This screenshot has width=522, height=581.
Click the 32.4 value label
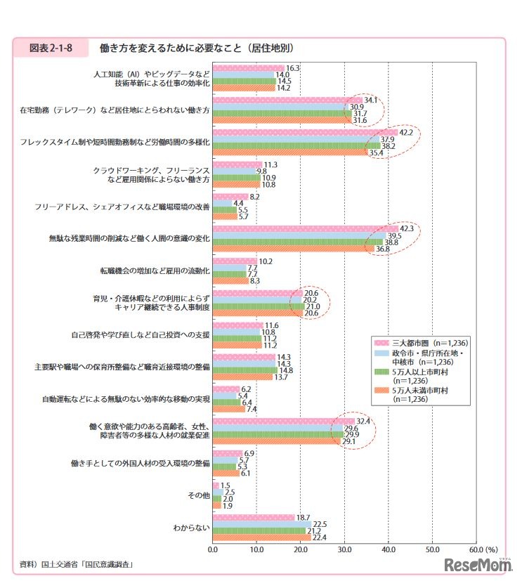[x=364, y=421]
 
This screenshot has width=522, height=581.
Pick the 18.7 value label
[x=304, y=517]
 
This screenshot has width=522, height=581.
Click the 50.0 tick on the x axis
[x=431, y=550]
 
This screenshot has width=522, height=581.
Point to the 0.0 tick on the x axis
[x=213, y=550]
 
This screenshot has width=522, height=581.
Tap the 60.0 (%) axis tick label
[x=481, y=550]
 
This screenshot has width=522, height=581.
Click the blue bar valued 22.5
[x=261, y=523]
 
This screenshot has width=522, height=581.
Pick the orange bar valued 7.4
[x=229, y=409]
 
